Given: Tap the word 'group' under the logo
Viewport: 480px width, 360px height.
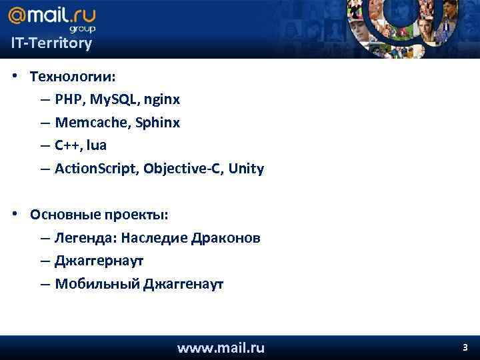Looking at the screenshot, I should coord(83,29).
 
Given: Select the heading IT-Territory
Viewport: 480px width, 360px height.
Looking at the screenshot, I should coord(51,44).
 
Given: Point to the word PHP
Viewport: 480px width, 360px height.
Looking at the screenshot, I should coord(68,100).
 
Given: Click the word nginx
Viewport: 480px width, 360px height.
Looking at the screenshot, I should coord(163,100).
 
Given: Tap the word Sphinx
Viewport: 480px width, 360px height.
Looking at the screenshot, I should coord(157,123).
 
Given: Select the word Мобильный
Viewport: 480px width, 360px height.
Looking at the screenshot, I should coord(97,285).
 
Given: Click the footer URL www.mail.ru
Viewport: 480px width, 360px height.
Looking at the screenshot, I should coord(221,347).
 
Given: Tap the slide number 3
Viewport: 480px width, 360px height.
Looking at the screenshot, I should coord(465,347).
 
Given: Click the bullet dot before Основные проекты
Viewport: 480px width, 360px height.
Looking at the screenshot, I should coord(15,215).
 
